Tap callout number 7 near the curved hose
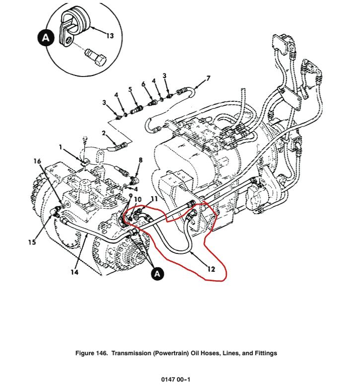coord(209,78)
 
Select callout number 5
coord(131,89)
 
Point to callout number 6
coord(144,84)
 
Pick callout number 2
coord(104,133)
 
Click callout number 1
coord(61,147)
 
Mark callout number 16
coord(37,161)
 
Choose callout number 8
coord(141,160)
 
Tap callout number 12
coord(211,269)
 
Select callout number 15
coord(32,242)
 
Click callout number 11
coord(154,199)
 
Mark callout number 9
coord(130,196)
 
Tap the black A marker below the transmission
coord(157,273)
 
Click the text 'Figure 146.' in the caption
coord(92,353)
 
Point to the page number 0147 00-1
coord(176,380)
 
